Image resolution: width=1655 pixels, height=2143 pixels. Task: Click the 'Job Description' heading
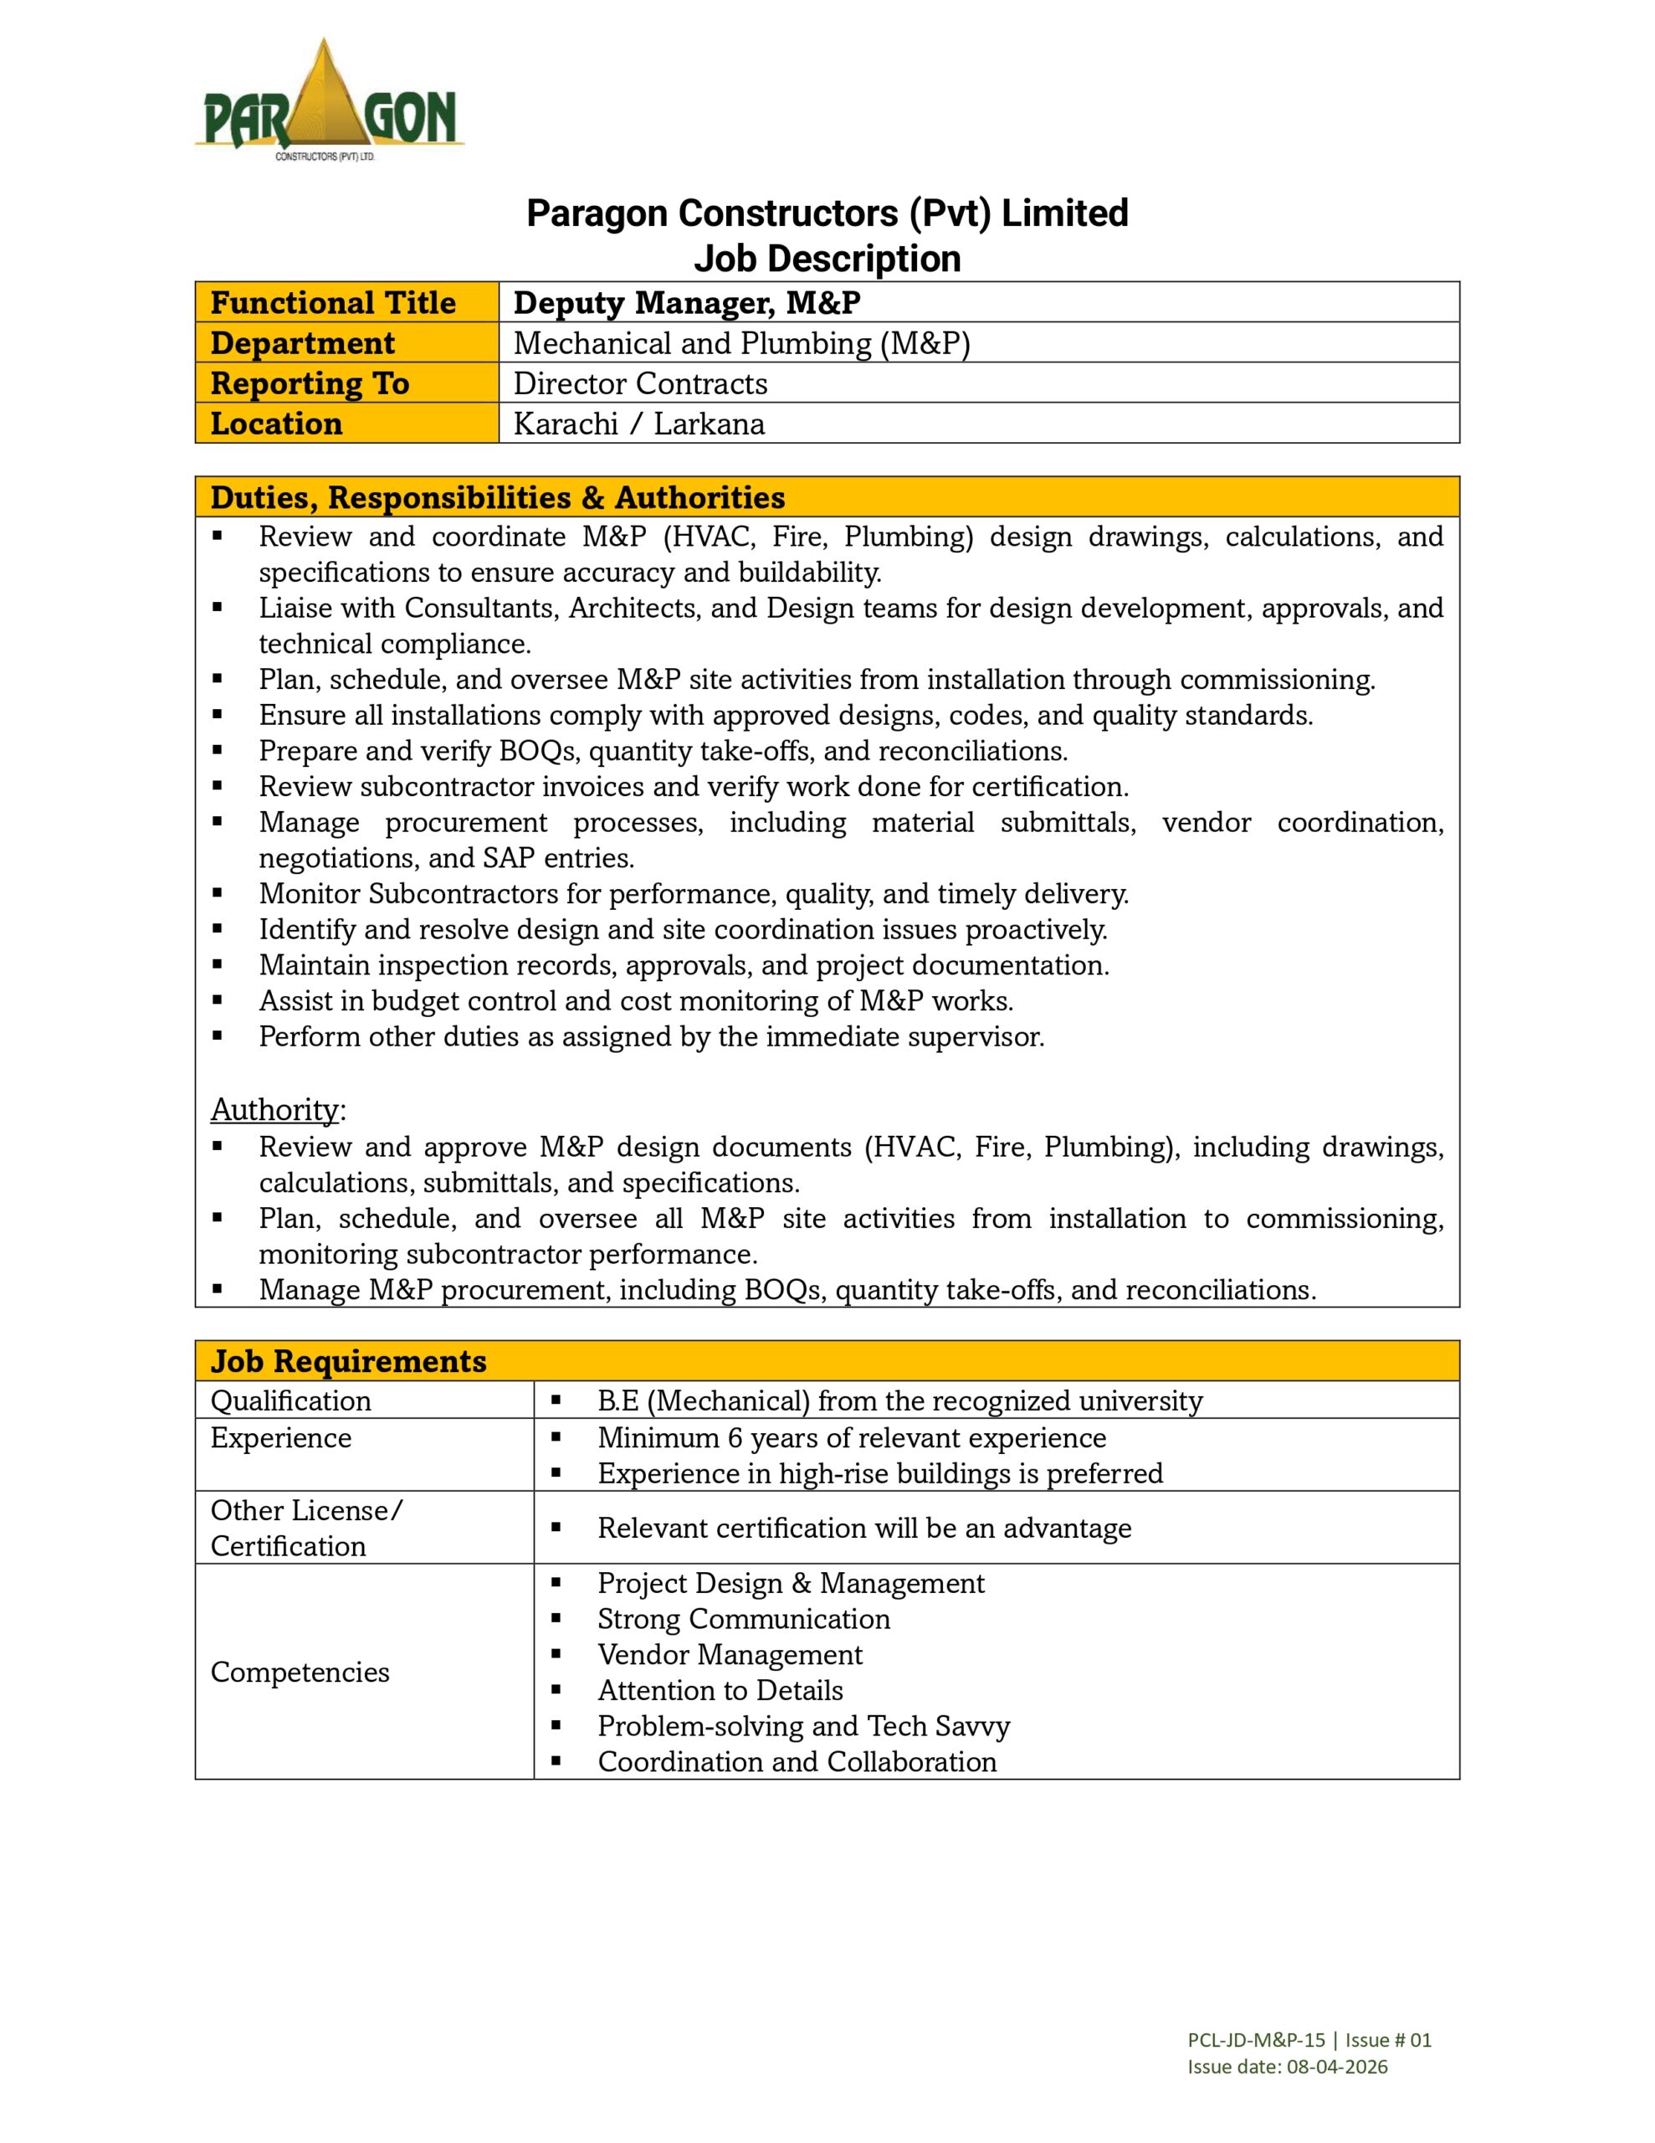pos(827,259)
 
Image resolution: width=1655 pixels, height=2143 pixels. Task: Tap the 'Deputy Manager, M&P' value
pos(687,302)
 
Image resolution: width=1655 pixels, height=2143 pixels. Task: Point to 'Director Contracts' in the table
pos(639,383)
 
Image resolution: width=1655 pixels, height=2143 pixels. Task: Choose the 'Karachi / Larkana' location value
pos(638,424)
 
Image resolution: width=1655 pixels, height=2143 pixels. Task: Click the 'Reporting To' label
pos(309,383)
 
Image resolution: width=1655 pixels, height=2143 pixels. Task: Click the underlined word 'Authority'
pos(274,1110)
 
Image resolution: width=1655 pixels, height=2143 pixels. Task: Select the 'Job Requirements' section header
pos(348,1361)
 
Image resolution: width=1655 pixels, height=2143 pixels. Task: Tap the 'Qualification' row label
pos(290,1400)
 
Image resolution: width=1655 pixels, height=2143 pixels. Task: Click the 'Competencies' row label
pos(300,1672)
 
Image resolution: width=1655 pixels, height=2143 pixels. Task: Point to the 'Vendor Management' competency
pos(730,1654)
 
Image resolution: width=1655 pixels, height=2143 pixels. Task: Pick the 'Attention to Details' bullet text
pos(720,1691)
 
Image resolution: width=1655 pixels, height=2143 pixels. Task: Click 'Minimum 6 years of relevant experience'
pos(852,1437)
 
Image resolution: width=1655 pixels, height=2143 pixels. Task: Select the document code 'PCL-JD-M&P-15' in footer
pos(1256,2040)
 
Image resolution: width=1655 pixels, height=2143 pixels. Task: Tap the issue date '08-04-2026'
pos(1337,2067)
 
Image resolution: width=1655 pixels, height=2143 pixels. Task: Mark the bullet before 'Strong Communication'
pos(556,1619)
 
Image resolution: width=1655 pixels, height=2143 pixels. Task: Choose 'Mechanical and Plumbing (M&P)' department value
pos(741,343)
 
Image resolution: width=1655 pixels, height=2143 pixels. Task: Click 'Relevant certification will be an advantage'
pos(864,1528)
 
